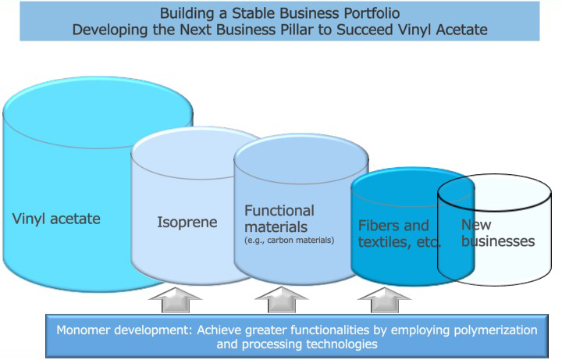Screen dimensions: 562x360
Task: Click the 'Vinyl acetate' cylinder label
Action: (56, 219)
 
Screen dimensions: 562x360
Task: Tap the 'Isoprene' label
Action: (187, 223)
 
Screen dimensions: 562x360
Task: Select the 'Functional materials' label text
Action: (279, 219)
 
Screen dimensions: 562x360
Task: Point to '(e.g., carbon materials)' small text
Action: (290, 241)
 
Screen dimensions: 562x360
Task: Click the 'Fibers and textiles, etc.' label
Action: (400, 233)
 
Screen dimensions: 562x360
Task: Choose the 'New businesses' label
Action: (498, 233)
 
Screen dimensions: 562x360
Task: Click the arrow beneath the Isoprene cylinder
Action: (176, 299)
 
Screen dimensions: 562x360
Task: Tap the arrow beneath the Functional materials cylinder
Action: (282, 299)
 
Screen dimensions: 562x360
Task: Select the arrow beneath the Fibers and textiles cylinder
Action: (385, 299)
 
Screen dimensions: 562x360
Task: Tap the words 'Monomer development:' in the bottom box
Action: (124, 330)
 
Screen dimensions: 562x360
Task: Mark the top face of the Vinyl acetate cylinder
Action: (98, 112)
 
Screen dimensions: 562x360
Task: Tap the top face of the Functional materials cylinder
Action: (301, 159)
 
